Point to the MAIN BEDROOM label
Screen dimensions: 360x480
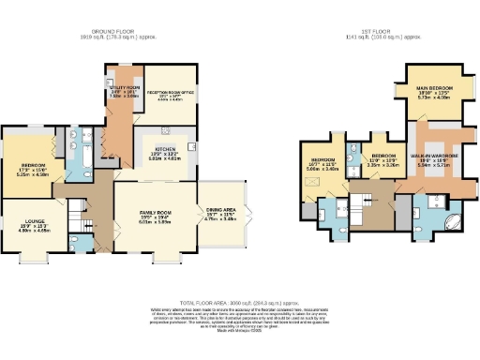435,88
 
